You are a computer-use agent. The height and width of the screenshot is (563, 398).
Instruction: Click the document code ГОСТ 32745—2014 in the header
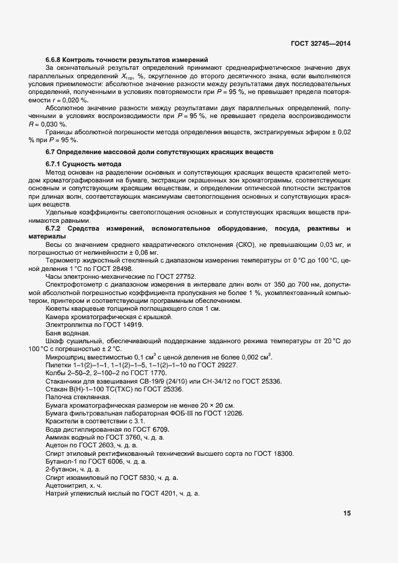tap(320, 43)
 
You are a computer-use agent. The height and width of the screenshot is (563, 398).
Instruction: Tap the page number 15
tap(347, 514)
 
